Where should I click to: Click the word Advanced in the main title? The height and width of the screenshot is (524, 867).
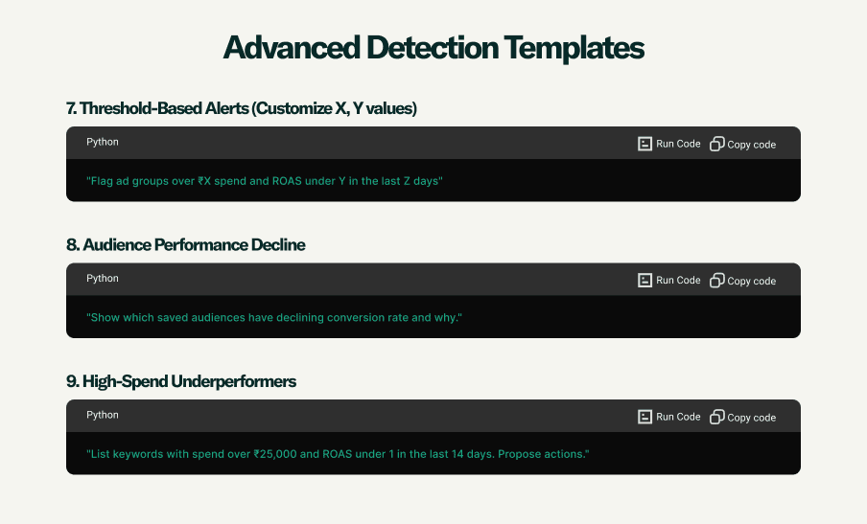pyautogui.click(x=292, y=48)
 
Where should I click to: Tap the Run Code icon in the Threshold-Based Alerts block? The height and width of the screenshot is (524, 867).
pyautogui.click(x=644, y=144)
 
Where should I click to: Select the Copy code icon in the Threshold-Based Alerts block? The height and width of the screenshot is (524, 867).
pyautogui.click(x=717, y=144)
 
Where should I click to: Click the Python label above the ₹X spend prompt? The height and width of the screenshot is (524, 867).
pyautogui.click(x=103, y=142)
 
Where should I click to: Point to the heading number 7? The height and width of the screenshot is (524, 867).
pyautogui.click(x=71, y=108)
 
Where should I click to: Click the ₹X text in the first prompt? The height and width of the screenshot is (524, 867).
pyautogui.click(x=204, y=181)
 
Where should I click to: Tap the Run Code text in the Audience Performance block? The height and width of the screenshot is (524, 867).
pyautogui.click(x=678, y=280)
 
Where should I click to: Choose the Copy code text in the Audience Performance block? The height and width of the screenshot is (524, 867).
pyautogui.click(x=752, y=281)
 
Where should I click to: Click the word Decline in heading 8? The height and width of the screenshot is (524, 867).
pyautogui.click(x=278, y=244)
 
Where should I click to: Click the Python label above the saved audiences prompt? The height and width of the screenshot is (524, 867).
pyautogui.click(x=103, y=279)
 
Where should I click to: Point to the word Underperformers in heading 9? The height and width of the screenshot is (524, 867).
pyautogui.click(x=233, y=381)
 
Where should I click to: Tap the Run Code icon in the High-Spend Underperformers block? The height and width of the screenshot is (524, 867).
pyautogui.click(x=644, y=417)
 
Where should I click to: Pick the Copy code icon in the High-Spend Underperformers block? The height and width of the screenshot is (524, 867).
pyautogui.click(x=717, y=417)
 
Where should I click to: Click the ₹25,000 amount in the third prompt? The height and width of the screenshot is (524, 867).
pyautogui.click(x=275, y=454)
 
